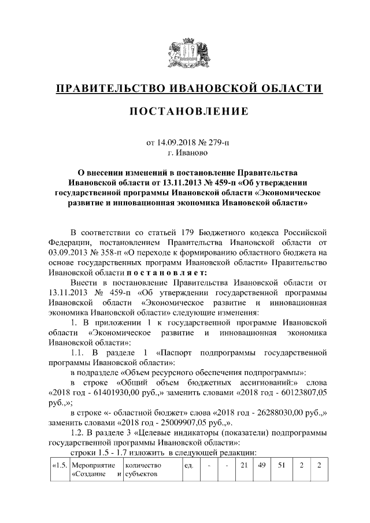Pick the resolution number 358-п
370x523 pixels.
tap(119, 253)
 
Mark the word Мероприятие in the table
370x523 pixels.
tap(90, 465)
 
